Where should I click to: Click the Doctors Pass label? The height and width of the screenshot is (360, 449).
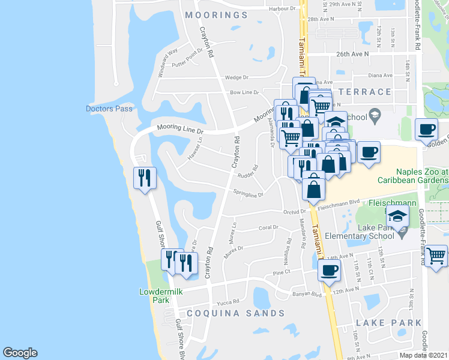109,109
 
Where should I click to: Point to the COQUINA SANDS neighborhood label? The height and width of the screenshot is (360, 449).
235,313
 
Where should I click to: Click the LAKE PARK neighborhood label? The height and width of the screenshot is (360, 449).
387,322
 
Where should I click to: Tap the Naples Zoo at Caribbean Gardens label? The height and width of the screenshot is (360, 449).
412,176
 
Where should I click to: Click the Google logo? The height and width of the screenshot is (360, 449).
20,353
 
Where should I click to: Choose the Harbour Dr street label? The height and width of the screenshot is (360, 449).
283,8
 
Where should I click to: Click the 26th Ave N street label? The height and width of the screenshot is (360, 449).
352,53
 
